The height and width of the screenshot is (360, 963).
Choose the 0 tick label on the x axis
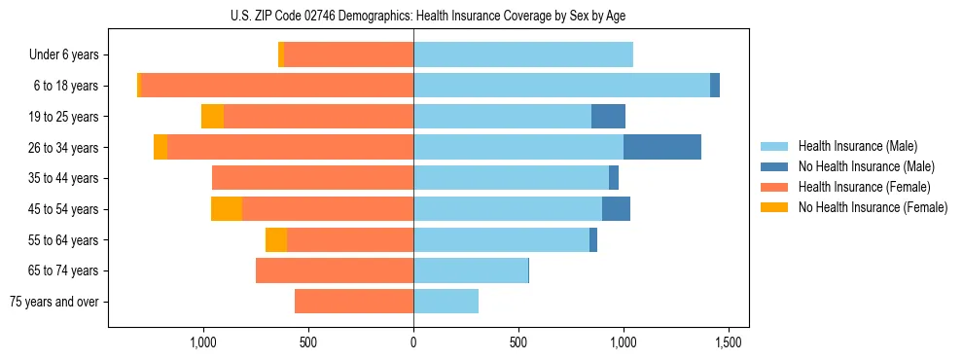point(413,343)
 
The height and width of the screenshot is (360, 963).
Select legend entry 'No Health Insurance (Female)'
point(873,207)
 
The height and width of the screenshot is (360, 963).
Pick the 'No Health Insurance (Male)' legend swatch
point(774,166)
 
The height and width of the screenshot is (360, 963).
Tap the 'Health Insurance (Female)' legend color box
point(774,187)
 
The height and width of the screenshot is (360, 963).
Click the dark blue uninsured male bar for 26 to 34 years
point(661,148)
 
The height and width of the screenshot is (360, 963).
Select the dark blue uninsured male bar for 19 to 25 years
point(608,117)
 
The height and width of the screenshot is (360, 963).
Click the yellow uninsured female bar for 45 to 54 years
point(227,209)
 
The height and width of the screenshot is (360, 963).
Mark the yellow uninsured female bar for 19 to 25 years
point(212,117)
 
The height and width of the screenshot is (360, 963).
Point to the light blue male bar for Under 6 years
point(523,55)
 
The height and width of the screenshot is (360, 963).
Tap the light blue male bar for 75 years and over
point(446,302)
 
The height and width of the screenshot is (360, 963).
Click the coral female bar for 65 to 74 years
point(335,270)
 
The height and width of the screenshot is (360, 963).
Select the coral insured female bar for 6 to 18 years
point(277,86)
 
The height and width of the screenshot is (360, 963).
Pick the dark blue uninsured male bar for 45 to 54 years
point(616,209)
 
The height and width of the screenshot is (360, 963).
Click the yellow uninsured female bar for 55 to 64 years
point(276,240)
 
